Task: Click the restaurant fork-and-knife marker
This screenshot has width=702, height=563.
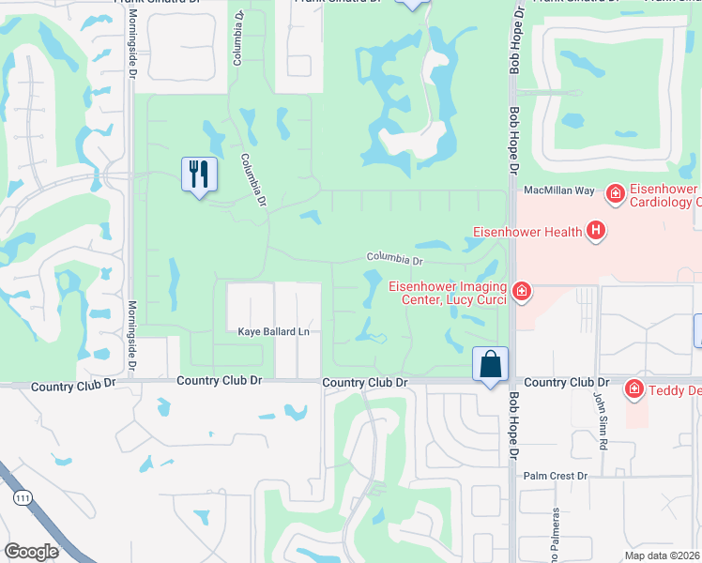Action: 199,175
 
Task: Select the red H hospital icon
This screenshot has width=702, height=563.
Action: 595,230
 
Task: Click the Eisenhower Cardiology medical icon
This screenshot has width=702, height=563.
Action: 616,194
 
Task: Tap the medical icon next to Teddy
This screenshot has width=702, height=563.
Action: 634,388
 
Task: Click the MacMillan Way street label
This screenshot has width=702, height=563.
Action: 558,190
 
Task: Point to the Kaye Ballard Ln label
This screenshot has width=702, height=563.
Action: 273,331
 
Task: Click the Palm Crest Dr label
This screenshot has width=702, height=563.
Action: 555,476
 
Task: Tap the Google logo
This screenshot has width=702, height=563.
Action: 31,552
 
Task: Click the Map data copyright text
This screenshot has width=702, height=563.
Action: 663,555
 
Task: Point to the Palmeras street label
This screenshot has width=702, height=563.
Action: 556,535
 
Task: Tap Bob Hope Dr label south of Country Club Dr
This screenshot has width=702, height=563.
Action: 514,427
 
